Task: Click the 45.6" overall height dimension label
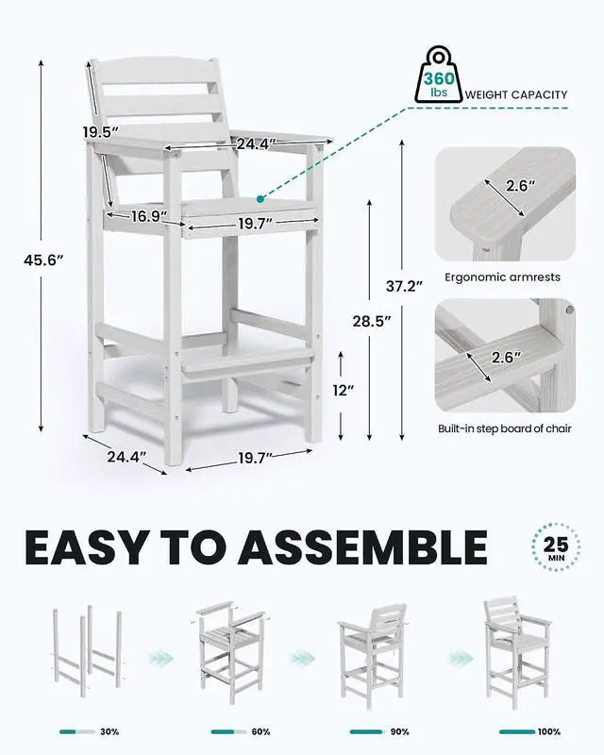tap(43, 260)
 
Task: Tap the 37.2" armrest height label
tap(405, 286)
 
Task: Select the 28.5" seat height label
tap(371, 321)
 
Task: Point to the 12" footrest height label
tap(344, 390)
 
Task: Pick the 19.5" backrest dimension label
tap(100, 132)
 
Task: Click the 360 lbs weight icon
tap(438, 75)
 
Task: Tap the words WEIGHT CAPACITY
tap(516, 95)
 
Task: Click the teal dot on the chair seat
tap(260, 199)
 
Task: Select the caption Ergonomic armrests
tap(502, 277)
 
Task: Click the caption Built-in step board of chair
tap(504, 428)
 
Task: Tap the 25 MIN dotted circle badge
tap(556, 547)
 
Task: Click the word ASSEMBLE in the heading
tap(361, 547)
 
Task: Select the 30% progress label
tap(109, 732)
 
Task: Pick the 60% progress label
tap(260, 732)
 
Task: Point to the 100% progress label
tap(549, 732)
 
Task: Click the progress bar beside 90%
tap(366, 732)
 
